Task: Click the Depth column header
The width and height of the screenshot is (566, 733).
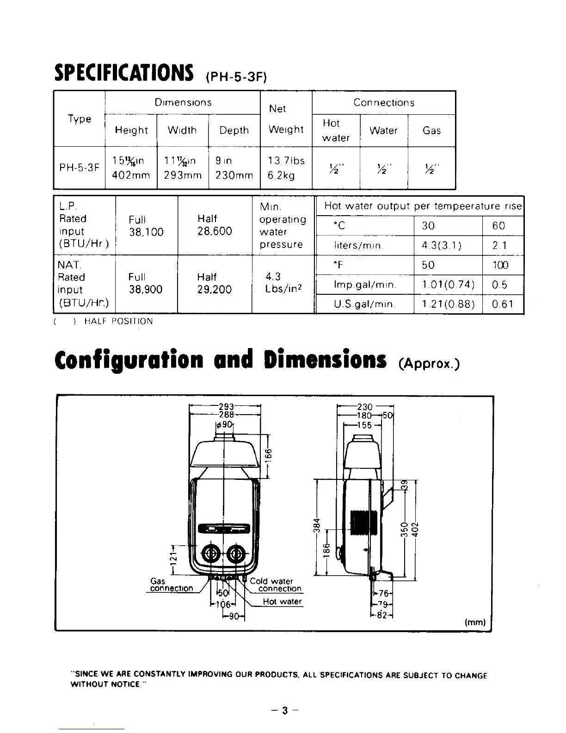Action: pyautogui.click(x=234, y=130)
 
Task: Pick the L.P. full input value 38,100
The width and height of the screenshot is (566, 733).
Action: pyautogui.click(x=146, y=232)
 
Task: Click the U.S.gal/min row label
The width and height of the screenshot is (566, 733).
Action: pyautogui.click(x=364, y=304)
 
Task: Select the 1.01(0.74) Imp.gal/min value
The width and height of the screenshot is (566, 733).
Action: pyautogui.click(x=448, y=285)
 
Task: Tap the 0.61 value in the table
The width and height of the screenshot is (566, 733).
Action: pyautogui.click(x=503, y=304)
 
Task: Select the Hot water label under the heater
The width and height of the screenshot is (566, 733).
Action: pyautogui.click(x=282, y=602)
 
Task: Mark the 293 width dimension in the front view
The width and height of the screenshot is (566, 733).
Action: pyautogui.click(x=225, y=407)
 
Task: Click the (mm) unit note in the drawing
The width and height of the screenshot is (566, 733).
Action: pyautogui.click(x=474, y=622)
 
